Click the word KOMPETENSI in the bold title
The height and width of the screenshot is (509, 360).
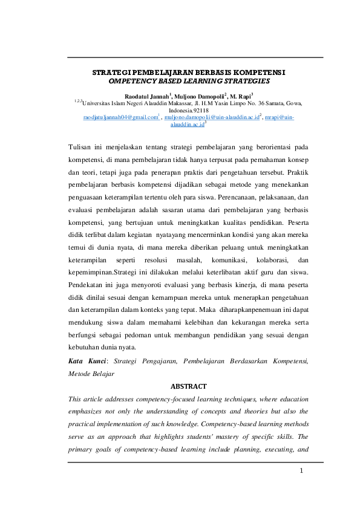click(260, 72)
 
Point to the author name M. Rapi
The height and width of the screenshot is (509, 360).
click(240, 96)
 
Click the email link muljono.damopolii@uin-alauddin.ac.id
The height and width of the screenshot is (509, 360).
click(211, 117)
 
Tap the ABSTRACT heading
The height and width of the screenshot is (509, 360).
click(188, 386)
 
